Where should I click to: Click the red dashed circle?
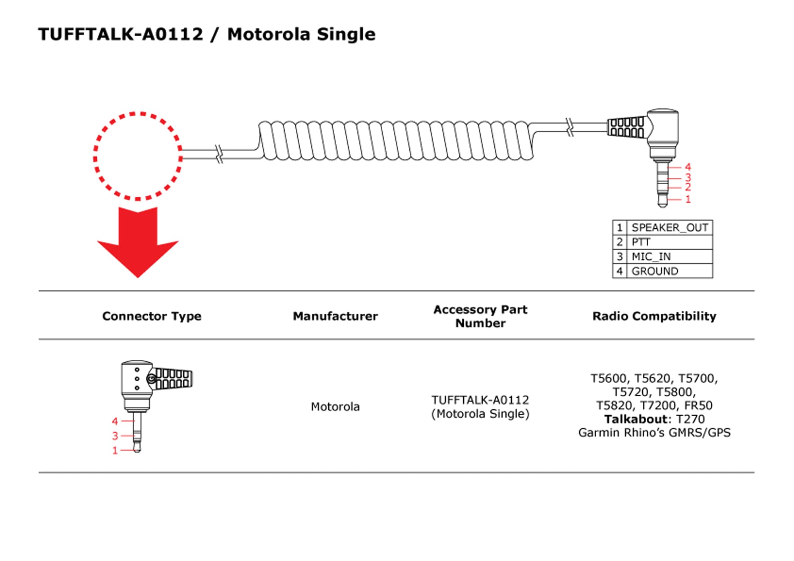(138, 156)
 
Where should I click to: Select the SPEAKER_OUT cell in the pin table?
(669, 227)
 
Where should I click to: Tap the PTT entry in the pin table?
(641, 242)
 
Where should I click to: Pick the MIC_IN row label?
(651, 257)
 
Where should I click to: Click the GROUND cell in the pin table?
(655, 271)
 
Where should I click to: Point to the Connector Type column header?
(152, 316)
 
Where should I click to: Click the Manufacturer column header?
(335, 316)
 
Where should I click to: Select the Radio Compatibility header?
(654, 316)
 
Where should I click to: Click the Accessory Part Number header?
(480, 316)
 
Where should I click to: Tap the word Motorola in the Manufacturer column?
(335, 407)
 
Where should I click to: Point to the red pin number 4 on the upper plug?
(688, 167)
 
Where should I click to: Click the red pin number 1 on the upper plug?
(688, 199)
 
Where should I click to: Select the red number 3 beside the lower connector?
(115, 436)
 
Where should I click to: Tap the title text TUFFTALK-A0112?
(120, 34)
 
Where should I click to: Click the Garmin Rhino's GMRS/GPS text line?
(654, 433)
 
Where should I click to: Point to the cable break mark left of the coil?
(219, 154)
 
